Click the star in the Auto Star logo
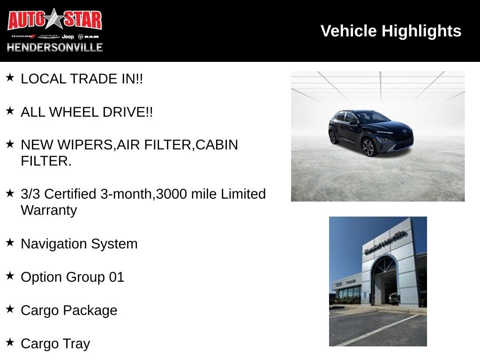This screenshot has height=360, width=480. (x=55, y=19)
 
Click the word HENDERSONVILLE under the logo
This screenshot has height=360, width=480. (x=54, y=47)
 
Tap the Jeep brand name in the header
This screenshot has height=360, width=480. (x=68, y=36)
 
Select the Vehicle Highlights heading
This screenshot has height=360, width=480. (x=390, y=31)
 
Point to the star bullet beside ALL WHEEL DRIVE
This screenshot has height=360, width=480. (x=10, y=111)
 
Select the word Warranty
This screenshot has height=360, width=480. (x=49, y=210)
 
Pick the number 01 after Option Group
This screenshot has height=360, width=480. (x=116, y=277)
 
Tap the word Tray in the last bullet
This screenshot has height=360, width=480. (x=76, y=344)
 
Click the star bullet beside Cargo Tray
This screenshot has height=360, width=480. (x=10, y=342)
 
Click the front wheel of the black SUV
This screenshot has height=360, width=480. (x=368, y=148)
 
